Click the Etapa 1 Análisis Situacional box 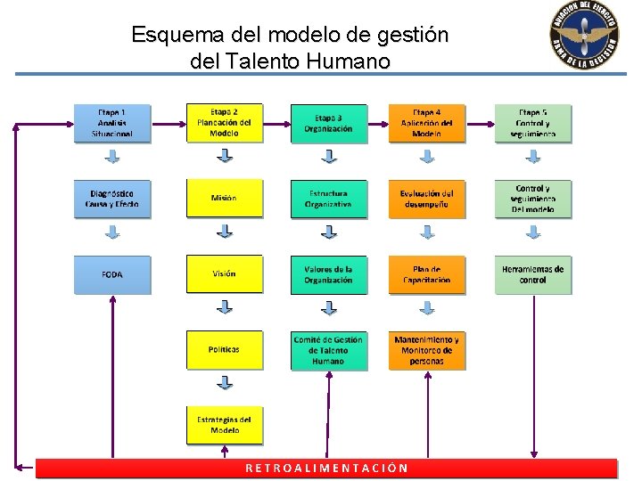112,124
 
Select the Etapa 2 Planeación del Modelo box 225,123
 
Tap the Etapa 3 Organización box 328,124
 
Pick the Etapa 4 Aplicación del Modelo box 427,124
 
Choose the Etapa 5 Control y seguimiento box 533,124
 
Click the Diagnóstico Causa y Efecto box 112,199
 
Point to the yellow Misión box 225,199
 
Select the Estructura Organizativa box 328,199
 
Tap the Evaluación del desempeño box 427,199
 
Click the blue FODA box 112,274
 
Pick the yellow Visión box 225,274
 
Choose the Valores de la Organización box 328,274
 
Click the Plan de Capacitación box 427,274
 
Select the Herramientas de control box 533,274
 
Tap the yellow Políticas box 225,350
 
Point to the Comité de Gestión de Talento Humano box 328,350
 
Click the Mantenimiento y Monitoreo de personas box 427,350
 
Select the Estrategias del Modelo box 225,425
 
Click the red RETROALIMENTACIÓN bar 326,469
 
